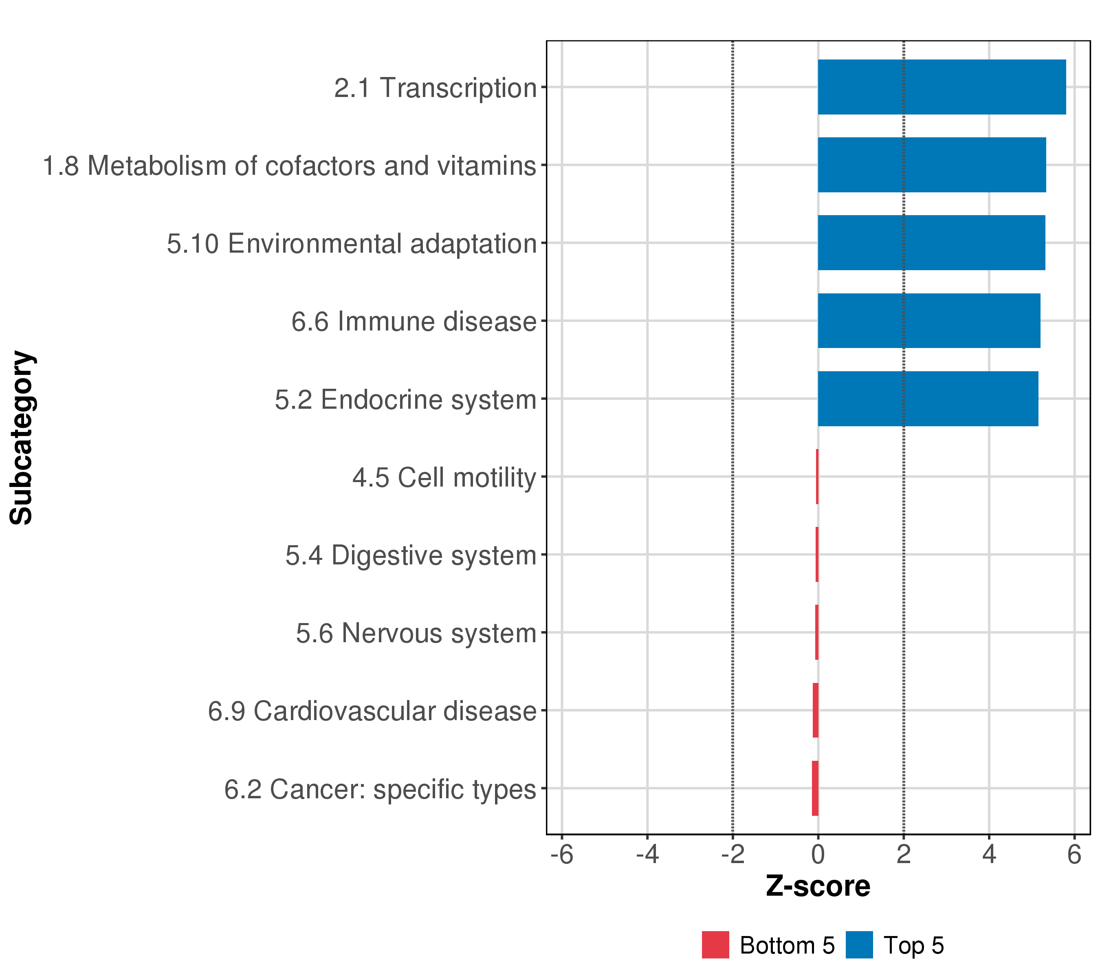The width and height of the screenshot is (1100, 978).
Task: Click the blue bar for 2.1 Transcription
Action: point(942,87)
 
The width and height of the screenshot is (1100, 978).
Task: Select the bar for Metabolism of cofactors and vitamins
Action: point(932,165)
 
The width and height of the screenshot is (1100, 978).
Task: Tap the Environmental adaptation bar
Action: point(932,243)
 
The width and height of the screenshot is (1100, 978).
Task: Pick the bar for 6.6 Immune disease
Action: point(929,321)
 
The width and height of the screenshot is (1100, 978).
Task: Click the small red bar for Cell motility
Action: point(817,476)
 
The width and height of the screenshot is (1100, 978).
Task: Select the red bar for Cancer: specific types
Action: point(815,789)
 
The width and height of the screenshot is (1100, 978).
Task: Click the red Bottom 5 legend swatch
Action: point(715,945)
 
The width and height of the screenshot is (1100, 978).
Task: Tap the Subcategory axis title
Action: point(22,438)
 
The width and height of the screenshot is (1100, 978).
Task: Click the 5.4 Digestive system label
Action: point(411,555)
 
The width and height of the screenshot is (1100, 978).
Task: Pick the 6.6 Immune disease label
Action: point(414,322)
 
